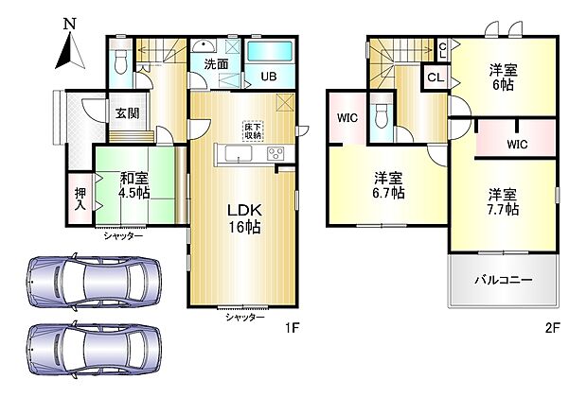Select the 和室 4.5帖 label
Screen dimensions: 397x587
click(x=133, y=184)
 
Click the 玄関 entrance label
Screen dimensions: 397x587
click(x=128, y=113)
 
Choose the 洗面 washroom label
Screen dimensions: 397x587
click(x=216, y=64)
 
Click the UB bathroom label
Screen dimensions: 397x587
click(x=269, y=78)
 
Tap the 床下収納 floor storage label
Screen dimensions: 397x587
click(x=253, y=130)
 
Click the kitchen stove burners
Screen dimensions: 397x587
click(x=276, y=154)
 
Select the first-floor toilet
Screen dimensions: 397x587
click(x=119, y=62)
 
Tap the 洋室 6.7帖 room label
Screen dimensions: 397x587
click(x=388, y=185)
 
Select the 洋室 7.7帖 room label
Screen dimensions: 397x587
click(x=503, y=203)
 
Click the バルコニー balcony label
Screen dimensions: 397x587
click(x=502, y=281)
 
